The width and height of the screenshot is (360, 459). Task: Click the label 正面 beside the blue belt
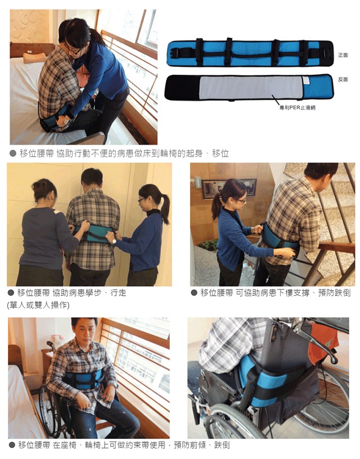(x=343, y=55)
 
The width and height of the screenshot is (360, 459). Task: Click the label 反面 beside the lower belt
(x=343, y=79)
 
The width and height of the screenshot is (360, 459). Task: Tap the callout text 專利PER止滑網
(x=298, y=108)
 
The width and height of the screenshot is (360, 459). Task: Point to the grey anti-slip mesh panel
(x=251, y=88)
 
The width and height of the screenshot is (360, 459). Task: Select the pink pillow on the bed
(x=34, y=58)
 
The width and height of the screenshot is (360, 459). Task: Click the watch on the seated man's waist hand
(x=66, y=120)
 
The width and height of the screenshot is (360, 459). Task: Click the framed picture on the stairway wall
(x=228, y=187)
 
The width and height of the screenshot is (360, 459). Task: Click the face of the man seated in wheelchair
(x=84, y=333)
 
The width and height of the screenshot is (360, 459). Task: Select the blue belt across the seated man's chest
(x=83, y=380)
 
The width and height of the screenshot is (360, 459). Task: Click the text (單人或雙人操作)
(x=38, y=305)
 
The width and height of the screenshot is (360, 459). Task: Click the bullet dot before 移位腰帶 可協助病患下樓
(x=193, y=292)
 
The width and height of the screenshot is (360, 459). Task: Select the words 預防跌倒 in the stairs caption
(x=334, y=292)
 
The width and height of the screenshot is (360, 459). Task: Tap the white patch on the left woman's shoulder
(x=57, y=211)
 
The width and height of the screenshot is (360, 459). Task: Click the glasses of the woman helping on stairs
(x=241, y=201)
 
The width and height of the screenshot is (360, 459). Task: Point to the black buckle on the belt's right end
(x=326, y=53)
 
